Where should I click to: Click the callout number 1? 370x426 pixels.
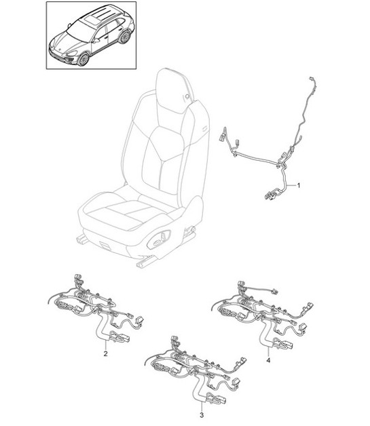coord(301,185)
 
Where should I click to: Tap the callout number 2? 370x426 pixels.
coord(105,353)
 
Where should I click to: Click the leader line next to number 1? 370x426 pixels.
coord(292,183)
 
